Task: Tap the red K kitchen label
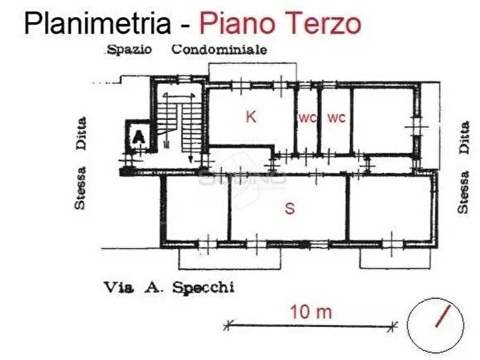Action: pos(251,117)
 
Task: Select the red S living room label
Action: pos(290,208)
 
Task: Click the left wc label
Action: pos(307,118)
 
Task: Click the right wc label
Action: pos(336,118)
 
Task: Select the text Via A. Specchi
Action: pos(169,288)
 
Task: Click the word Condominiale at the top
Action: pos(219,49)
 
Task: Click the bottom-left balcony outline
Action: pos(230,259)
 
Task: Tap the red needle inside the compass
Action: pos(443,317)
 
